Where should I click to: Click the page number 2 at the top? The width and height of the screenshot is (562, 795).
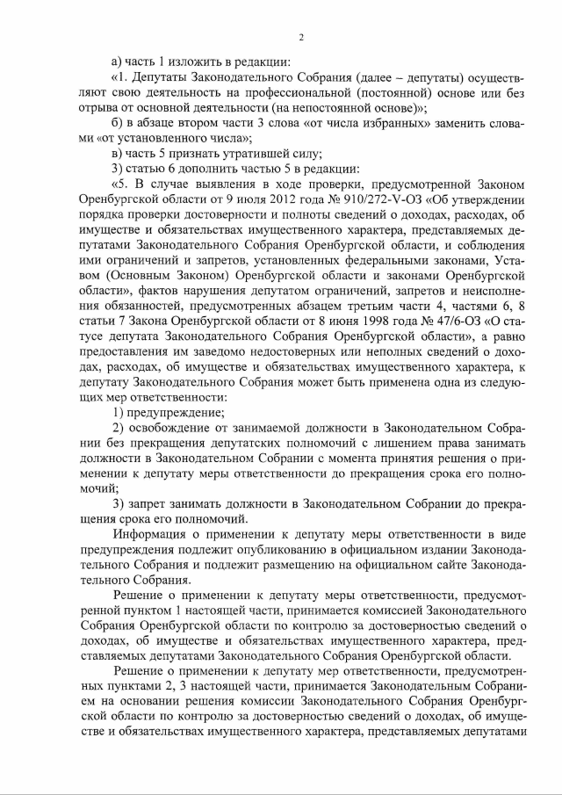[300, 38]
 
